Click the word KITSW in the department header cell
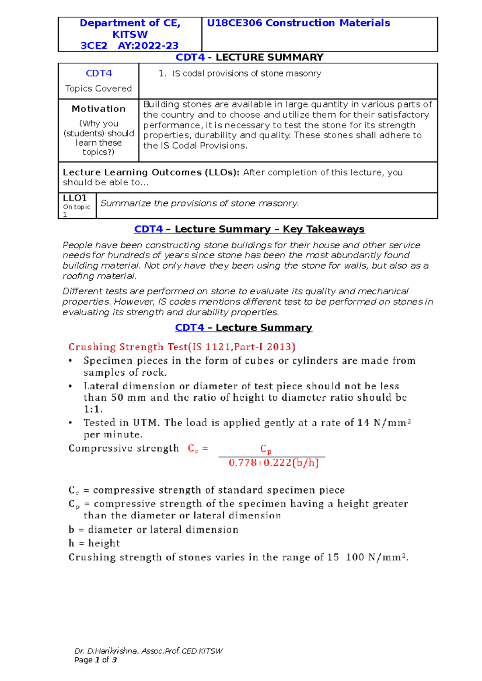[130, 34]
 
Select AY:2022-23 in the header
[148, 46]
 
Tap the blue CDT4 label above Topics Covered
[98, 73]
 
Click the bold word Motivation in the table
[98, 109]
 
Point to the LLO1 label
[75, 198]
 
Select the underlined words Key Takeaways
[323, 229]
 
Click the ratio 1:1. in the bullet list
[93, 409]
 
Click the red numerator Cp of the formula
[266, 449]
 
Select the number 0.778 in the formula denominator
[243, 463]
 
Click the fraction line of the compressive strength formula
[272, 456]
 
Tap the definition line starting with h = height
[94, 543]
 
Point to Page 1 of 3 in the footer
[96, 660]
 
